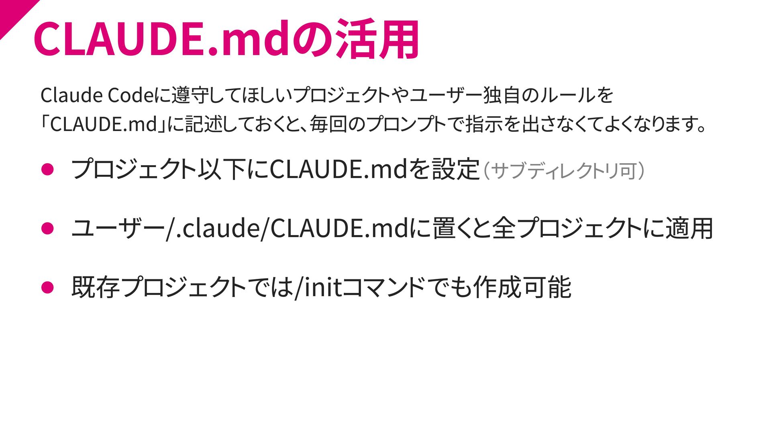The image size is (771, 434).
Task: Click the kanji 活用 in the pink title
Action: [x=377, y=39]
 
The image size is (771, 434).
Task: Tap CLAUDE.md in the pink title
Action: [x=161, y=39]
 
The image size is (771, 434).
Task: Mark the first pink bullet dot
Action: [x=47, y=169]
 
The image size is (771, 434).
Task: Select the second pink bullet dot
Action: [x=47, y=228]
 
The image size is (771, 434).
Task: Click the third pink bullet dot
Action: [x=47, y=287]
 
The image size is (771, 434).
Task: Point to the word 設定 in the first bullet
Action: [x=456, y=169]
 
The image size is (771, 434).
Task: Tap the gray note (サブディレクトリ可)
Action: [x=564, y=171]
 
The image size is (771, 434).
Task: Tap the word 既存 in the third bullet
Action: [x=96, y=287]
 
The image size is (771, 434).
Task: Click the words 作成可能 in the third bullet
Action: [x=522, y=287]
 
